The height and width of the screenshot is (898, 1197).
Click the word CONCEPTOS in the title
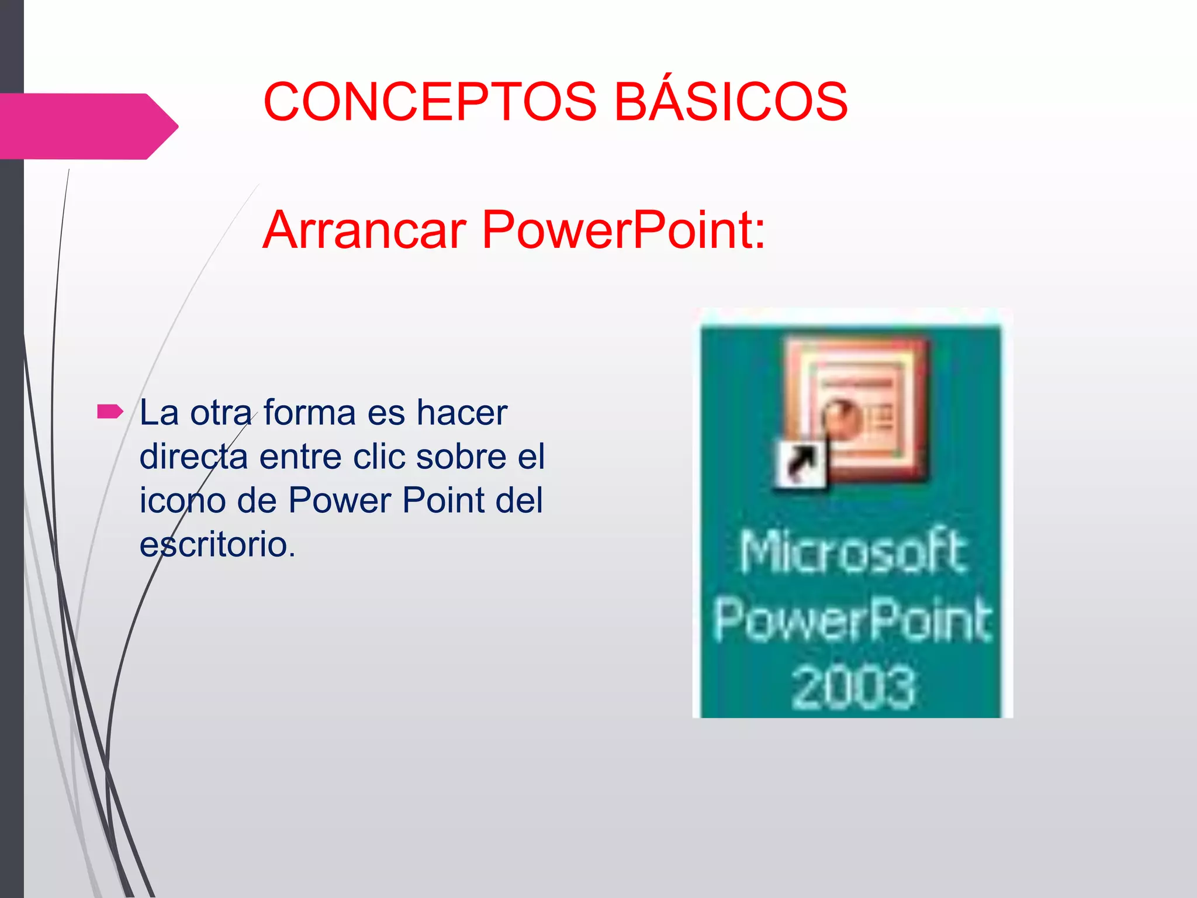(x=430, y=102)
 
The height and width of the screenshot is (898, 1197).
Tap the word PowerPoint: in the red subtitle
(x=623, y=230)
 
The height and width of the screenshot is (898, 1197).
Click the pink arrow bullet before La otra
(x=110, y=412)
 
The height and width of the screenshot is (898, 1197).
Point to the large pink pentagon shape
(x=88, y=126)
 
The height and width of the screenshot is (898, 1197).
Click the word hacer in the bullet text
(x=462, y=413)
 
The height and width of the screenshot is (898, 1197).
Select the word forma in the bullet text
(x=309, y=413)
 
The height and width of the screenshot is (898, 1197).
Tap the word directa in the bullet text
(x=193, y=457)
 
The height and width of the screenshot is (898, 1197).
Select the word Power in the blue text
(x=340, y=501)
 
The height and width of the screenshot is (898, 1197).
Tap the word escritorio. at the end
(x=217, y=545)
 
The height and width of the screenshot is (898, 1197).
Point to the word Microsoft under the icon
(x=852, y=552)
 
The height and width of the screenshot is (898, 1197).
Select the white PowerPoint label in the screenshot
(x=852, y=620)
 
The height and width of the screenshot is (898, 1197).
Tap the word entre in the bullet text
(x=300, y=457)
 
